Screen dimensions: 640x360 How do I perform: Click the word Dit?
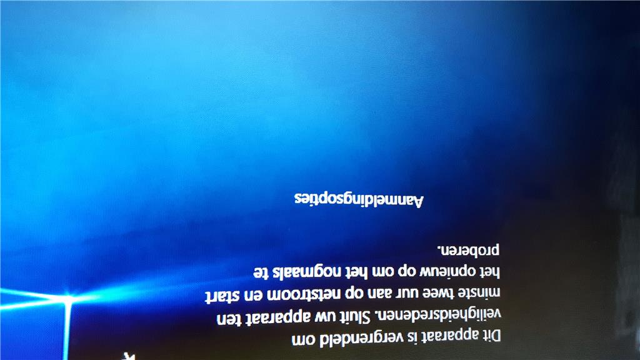(492, 336)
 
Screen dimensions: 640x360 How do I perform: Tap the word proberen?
(469, 250)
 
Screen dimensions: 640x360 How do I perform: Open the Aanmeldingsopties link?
(359, 199)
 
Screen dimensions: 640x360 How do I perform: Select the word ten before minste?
(227, 318)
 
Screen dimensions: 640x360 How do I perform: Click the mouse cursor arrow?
(130, 356)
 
